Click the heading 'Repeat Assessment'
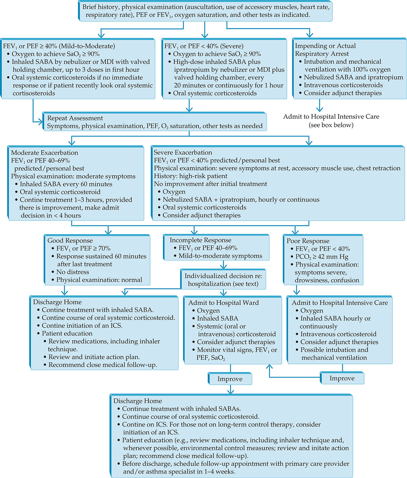tap(75, 118)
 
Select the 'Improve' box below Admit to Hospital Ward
tap(230, 379)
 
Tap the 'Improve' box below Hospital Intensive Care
tap(342, 378)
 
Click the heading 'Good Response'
tap(70, 241)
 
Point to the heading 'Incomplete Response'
tap(201, 240)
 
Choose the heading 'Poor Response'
tap(308, 241)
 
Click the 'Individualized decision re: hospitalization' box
tap(223, 279)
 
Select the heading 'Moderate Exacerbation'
tap(44, 153)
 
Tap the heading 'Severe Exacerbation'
tap(183, 152)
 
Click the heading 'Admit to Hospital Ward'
tap(224, 303)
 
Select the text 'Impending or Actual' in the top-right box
tap(325, 46)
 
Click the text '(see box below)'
tap(331, 125)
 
